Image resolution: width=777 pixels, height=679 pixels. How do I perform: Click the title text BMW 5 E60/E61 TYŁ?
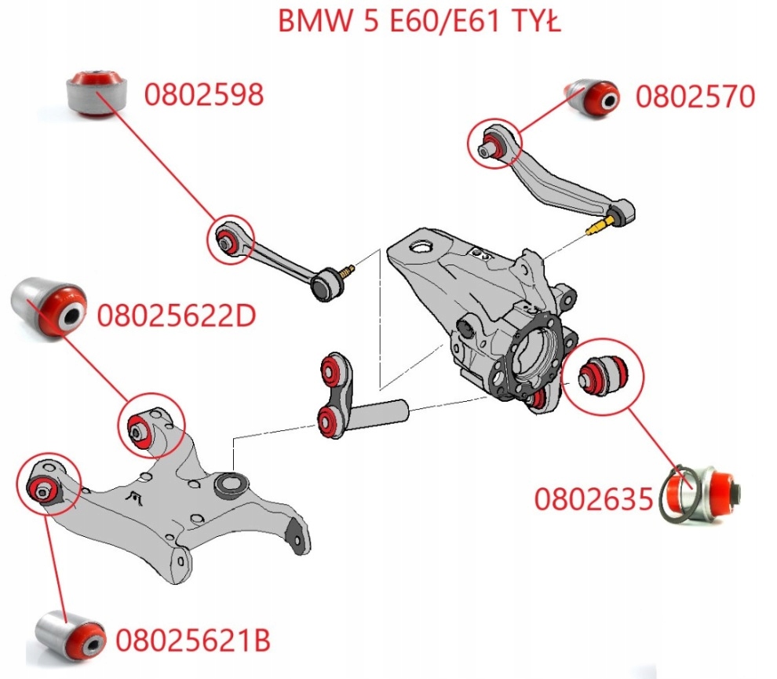coord(420,21)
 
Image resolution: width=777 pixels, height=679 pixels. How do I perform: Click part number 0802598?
coord(203,95)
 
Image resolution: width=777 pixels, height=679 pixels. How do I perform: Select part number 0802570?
coord(695,97)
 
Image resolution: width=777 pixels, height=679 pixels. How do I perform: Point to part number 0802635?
coord(593,498)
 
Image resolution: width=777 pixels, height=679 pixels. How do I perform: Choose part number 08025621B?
coord(193,641)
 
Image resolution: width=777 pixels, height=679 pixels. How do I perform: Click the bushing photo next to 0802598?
coord(97,91)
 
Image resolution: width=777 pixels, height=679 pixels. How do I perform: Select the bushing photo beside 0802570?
coord(593,97)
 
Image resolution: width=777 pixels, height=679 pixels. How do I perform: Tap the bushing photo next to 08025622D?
coord(49,305)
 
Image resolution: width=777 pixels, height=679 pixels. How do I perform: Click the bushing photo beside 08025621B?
coord(71,633)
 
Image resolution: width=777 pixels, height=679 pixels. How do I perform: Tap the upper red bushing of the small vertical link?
coord(334,368)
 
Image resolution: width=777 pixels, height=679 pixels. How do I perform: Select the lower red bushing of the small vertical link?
coord(330,419)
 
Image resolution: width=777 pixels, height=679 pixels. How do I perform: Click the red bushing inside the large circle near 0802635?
coord(603,372)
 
